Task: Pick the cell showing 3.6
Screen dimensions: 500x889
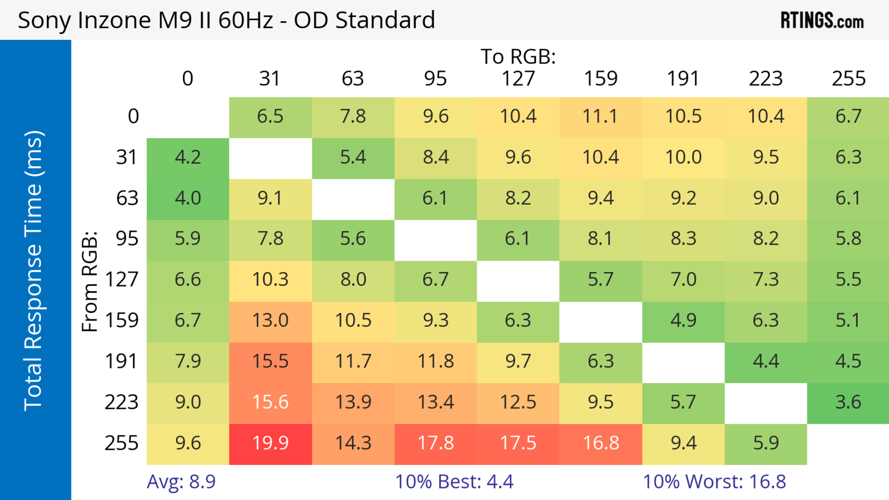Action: [x=848, y=402]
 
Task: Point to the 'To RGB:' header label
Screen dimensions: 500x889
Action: [x=518, y=56]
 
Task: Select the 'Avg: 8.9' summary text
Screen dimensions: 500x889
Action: [x=181, y=482]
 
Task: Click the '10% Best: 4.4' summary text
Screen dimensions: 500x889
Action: [x=454, y=482]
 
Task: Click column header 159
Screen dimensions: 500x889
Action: [x=601, y=79]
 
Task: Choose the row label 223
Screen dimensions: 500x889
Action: [x=122, y=402]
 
